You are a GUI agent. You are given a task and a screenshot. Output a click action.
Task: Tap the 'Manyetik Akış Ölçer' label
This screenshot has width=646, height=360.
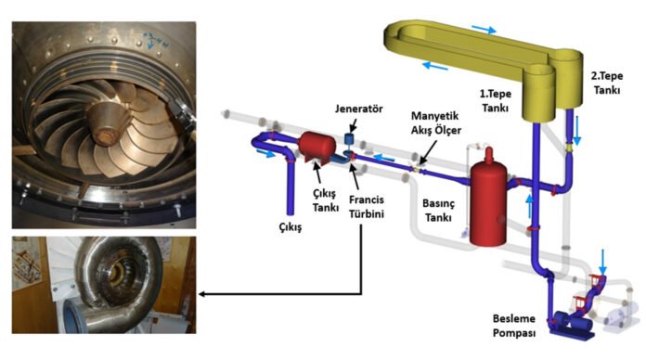(x=433, y=122)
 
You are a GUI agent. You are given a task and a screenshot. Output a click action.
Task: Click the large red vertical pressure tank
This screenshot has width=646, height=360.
(x=490, y=204)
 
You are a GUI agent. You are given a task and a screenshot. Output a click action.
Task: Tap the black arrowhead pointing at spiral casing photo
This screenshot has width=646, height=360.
(x=201, y=297)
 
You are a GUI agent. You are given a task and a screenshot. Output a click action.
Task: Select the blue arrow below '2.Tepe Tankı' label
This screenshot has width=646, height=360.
(x=576, y=132)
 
